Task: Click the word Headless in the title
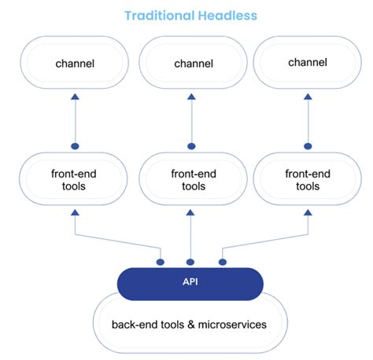click(227, 16)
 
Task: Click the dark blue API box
click(190, 284)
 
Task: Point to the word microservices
click(232, 325)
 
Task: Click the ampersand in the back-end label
click(191, 325)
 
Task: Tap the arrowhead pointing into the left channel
click(75, 97)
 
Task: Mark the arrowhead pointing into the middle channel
click(191, 97)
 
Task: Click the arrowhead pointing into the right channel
click(308, 97)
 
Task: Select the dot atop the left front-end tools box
click(75, 146)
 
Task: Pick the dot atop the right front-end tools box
click(308, 146)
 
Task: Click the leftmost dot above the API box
click(161, 262)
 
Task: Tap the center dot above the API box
click(190, 262)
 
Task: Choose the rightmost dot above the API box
click(223, 262)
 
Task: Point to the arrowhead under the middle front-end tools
click(190, 212)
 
